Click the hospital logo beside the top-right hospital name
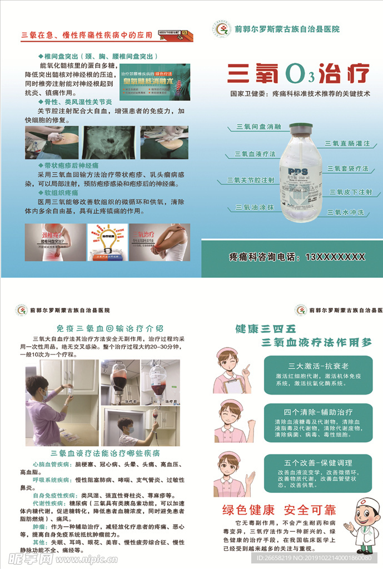(221, 29)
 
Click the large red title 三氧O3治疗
(299, 73)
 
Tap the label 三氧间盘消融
(258, 127)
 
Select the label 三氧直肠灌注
(347, 143)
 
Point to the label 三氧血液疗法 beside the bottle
(255, 154)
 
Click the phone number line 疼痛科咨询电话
(297, 257)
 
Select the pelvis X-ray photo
(109, 142)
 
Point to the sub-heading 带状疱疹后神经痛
(72, 166)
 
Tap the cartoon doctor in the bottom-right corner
(361, 525)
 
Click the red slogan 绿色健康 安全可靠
(279, 510)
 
